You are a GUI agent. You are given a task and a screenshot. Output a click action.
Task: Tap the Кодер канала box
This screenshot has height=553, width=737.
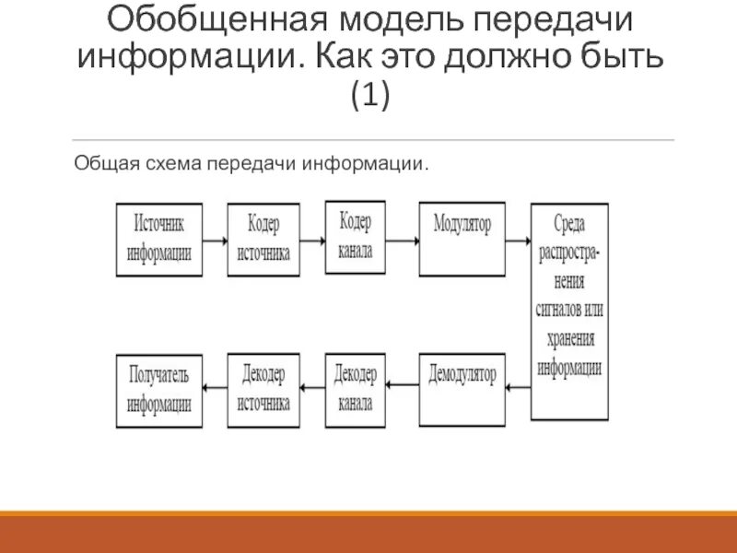(356, 236)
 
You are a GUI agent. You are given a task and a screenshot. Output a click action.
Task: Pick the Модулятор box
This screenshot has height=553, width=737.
(462, 238)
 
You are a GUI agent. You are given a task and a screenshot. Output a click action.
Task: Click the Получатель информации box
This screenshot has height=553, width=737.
(160, 388)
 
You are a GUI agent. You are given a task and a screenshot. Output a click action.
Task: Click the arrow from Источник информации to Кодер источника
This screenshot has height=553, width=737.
(216, 240)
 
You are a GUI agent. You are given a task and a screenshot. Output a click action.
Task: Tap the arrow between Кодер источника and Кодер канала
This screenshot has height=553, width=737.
(311, 240)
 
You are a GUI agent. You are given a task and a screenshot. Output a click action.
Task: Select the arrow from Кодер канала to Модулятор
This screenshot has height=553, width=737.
(402, 240)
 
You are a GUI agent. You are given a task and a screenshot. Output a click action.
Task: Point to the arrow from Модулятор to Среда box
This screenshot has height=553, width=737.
(519, 240)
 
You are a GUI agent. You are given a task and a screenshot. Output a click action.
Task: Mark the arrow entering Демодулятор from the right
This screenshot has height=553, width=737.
(519, 387)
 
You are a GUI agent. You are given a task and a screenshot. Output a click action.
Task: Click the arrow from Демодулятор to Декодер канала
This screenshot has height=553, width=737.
(402, 387)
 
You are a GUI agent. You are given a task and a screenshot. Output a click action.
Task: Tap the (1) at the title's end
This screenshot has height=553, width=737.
(368, 95)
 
